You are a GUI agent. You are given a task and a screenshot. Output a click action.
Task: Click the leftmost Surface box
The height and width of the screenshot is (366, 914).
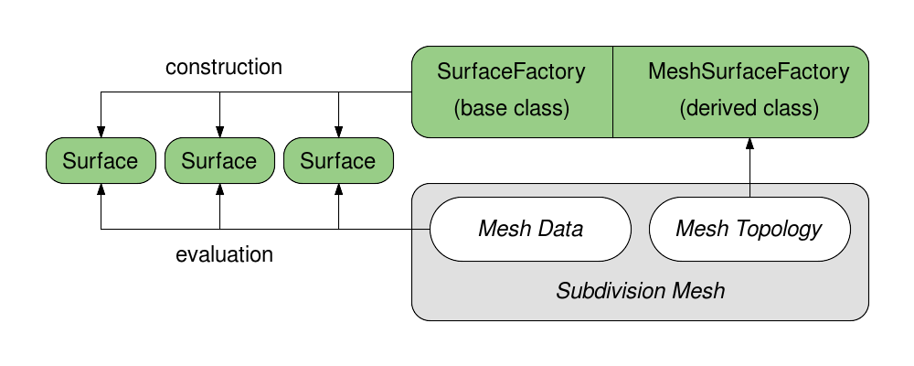[101, 161]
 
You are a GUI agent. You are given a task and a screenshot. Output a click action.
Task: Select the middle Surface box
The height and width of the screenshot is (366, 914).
[219, 161]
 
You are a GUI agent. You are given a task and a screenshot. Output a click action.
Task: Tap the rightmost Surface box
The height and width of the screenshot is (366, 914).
[338, 161]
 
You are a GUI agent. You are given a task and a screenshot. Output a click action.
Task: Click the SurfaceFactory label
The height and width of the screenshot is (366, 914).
[511, 71]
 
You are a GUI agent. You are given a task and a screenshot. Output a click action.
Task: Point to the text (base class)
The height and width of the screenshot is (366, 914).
[511, 108]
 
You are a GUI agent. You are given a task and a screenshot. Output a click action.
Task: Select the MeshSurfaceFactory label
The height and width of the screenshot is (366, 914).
[749, 71]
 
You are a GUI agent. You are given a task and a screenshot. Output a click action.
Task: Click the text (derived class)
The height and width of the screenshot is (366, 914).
[749, 108]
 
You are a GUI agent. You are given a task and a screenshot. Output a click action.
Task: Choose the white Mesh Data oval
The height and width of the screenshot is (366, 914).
[530, 228]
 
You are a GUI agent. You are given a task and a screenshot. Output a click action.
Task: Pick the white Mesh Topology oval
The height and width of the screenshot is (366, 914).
[749, 228]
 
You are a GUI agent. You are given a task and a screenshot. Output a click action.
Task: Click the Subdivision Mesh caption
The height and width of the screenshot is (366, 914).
[640, 291]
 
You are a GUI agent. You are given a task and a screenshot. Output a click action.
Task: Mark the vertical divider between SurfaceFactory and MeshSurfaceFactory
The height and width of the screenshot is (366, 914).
[612, 91]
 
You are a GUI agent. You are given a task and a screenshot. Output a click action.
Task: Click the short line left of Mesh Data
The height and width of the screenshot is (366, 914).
[420, 229]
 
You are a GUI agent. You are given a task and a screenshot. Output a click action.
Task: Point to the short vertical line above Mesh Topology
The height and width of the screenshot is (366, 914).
[749, 189]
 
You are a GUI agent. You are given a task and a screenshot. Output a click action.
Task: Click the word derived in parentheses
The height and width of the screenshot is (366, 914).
[719, 108]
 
